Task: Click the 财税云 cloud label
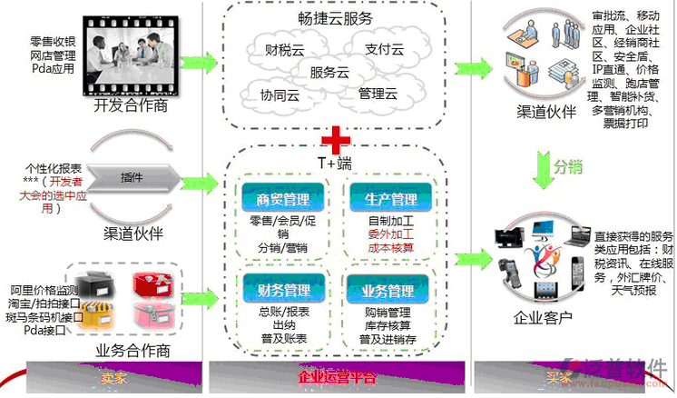click(x=284, y=51)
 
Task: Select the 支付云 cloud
click(x=384, y=49)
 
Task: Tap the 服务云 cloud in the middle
click(x=329, y=73)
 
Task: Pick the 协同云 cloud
click(x=280, y=95)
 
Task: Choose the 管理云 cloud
click(x=378, y=94)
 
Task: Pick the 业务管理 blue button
click(x=389, y=292)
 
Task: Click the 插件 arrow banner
click(x=132, y=178)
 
